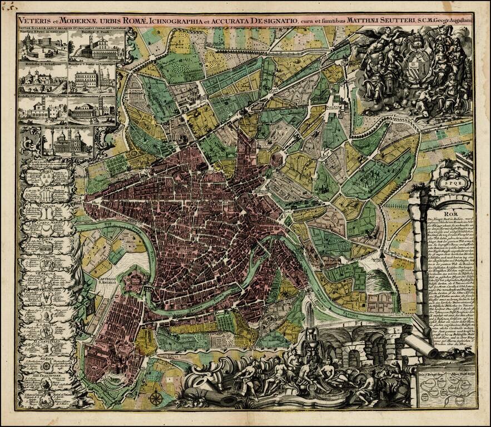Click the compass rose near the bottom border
click(157, 398)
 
